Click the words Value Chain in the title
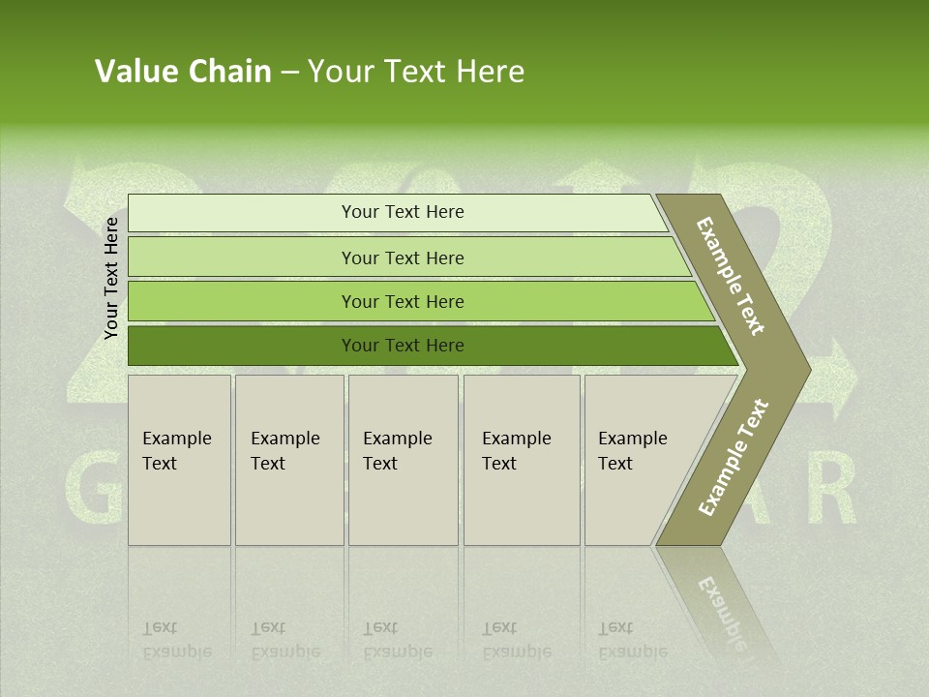[183, 72]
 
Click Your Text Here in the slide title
[416, 72]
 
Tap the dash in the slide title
[289, 73]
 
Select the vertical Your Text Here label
[111, 278]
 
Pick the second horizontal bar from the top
[402, 258]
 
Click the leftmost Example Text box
[179, 460]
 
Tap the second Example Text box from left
[289, 460]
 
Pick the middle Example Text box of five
[403, 460]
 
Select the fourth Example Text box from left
[522, 460]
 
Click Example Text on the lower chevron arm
[734, 457]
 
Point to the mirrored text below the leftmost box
[176, 640]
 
